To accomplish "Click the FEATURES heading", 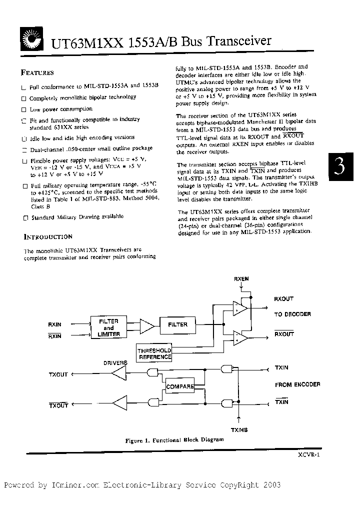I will [x=37, y=72].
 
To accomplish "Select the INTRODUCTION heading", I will [x=48, y=236].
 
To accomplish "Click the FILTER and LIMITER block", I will [x=108, y=327].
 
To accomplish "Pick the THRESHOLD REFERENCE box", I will [x=155, y=353].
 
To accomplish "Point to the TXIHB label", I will [x=239, y=429].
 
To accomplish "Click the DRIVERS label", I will [x=115, y=362].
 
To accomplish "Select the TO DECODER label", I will [x=292, y=314].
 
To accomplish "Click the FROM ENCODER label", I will [x=297, y=384].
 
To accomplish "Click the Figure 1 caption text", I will [x=174, y=440].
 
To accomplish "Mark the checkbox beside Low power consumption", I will [x=23, y=109].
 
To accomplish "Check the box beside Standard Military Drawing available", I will [x=24, y=217].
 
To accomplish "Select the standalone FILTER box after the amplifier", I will [x=177, y=324].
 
